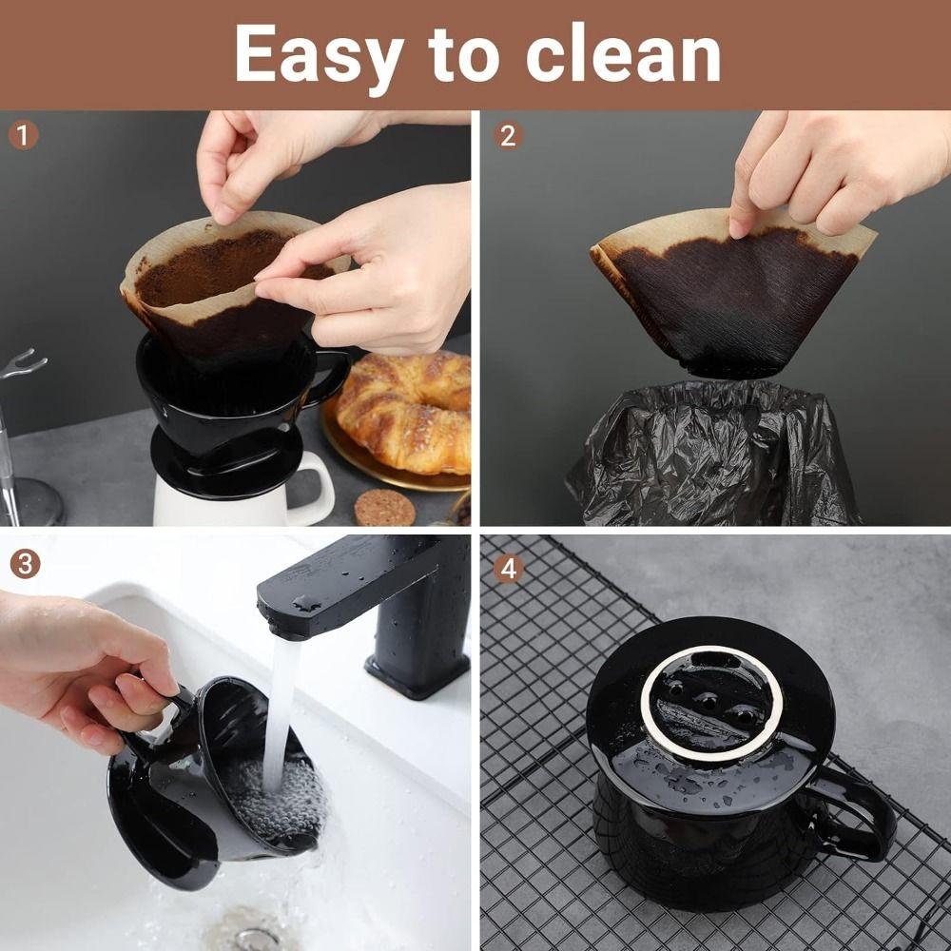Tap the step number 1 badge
[24, 135]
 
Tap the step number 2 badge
[508, 135]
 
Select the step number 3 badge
[24, 564]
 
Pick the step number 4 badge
[508, 569]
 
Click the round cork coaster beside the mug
[383, 508]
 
